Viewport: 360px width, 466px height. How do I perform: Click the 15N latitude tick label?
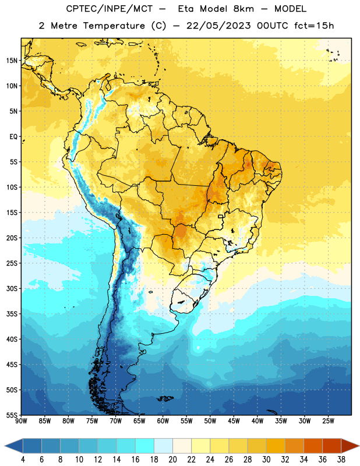pos(12,61)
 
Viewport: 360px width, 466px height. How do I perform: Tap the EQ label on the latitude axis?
pos(13,137)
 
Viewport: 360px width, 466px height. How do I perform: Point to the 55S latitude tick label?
pos(12,415)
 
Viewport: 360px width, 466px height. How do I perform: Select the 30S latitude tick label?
pos(12,288)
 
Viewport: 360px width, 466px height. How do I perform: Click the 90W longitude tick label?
pos(21,421)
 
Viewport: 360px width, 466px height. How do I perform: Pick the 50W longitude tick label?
pos(210,421)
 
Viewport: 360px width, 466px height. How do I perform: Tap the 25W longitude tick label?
pos(328,421)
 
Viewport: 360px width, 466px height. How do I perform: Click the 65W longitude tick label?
pos(139,421)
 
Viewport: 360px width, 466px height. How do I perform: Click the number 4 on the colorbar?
pos(23,460)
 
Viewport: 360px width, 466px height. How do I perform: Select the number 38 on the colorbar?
pos(341,460)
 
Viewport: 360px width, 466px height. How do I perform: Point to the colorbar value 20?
pos(172,460)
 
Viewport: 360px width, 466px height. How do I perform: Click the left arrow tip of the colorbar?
pos(5,446)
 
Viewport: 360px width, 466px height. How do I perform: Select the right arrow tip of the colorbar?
pos(359,446)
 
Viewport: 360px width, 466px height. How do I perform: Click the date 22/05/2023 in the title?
pos(218,26)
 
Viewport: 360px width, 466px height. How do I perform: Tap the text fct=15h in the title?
pos(314,26)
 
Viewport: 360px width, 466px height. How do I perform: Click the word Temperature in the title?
pos(114,26)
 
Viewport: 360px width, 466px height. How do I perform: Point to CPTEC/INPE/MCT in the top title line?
pos(110,9)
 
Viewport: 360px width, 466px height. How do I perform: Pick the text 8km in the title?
pos(243,9)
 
